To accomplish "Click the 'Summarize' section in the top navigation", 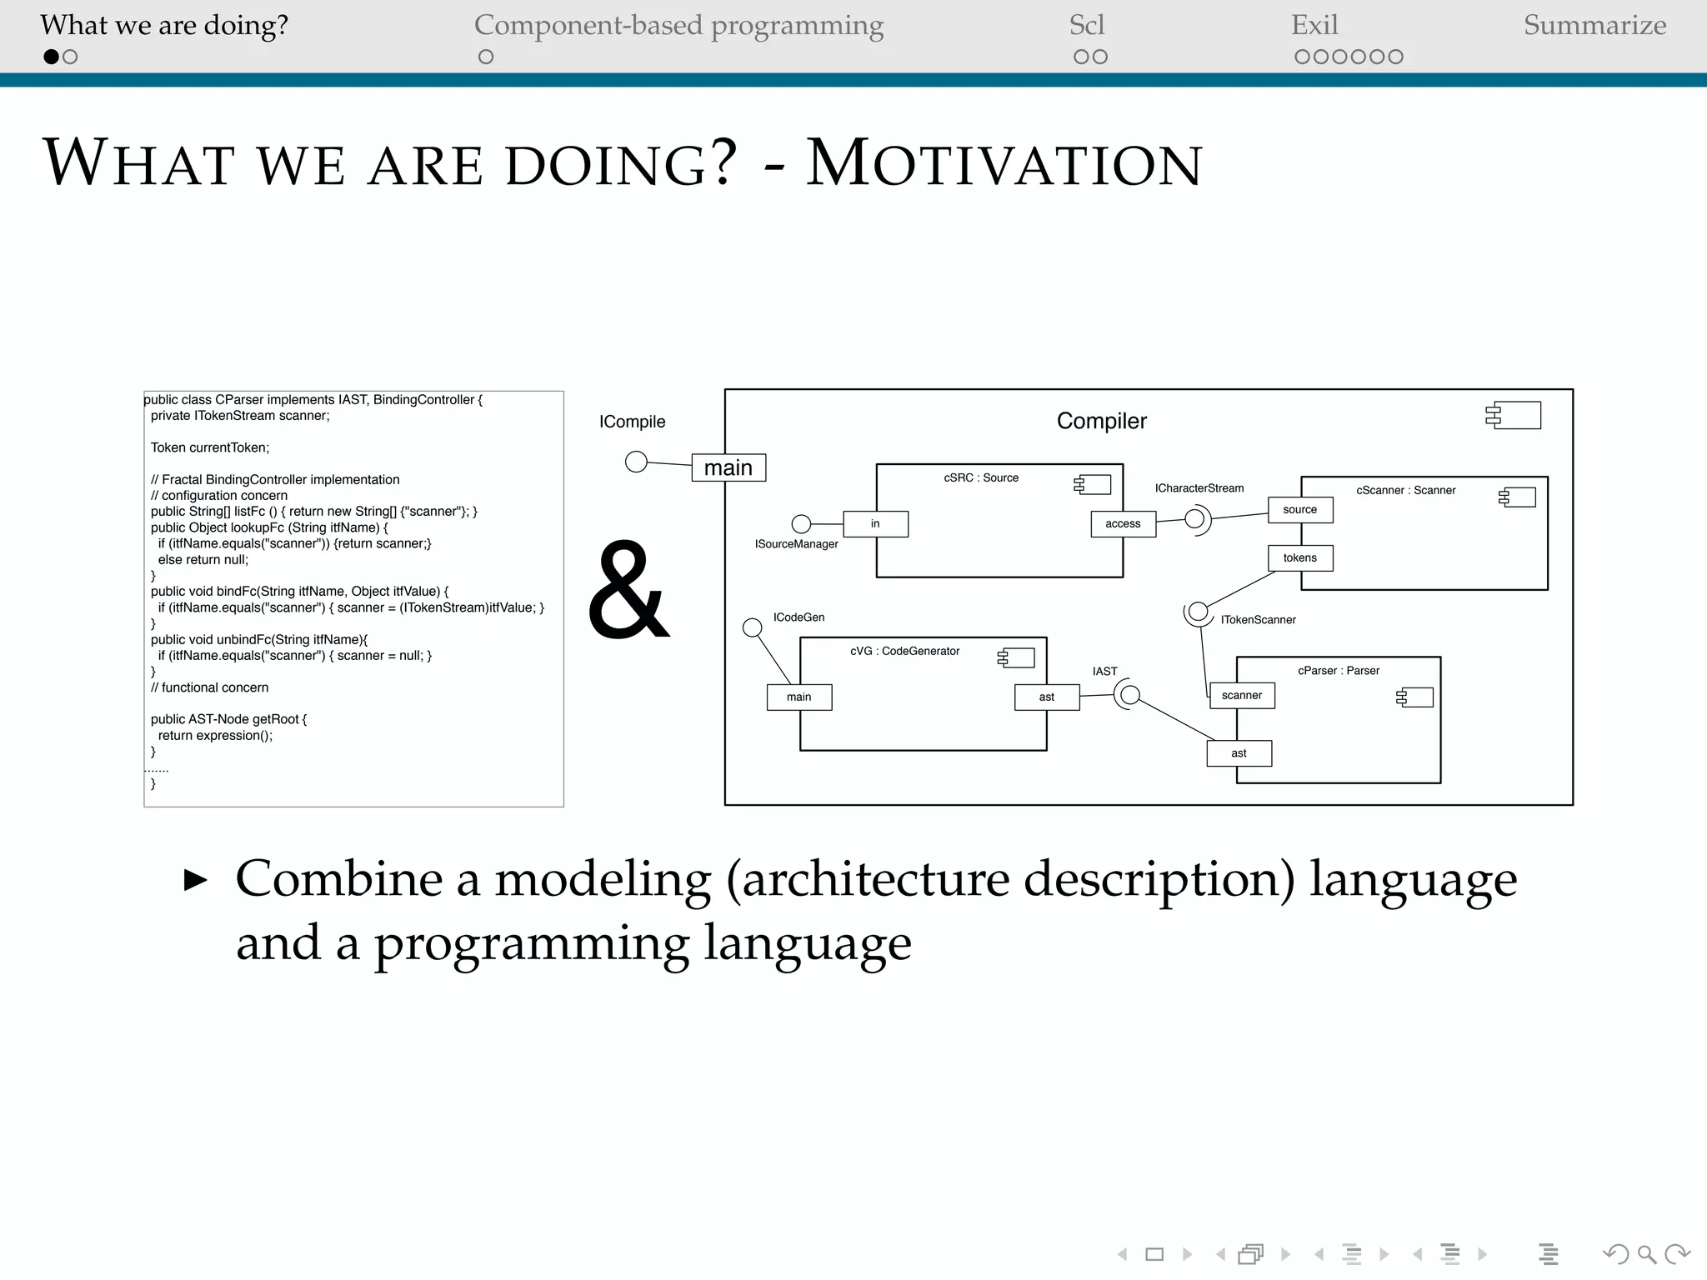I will pyautogui.click(x=1594, y=25).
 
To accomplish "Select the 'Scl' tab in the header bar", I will pyautogui.click(x=1087, y=25).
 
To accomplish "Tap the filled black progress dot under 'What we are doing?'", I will pyautogui.click(x=51, y=57).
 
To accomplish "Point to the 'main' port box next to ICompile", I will pyautogui.click(x=728, y=467).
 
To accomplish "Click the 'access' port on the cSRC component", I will pyautogui.click(x=1123, y=524).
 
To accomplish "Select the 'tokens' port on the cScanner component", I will pyautogui.click(x=1299, y=558).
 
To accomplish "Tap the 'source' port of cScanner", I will pyautogui.click(x=1299, y=510).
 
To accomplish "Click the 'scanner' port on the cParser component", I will pyautogui.click(x=1241, y=696).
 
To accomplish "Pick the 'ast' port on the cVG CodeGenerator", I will pyautogui.click(x=1046, y=697).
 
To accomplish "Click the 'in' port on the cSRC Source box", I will pyautogui.click(x=875, y=524).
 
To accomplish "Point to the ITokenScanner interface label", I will pyautogui.click(x=1258, y=620).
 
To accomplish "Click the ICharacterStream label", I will pyautogui.click(x=1199, y=488).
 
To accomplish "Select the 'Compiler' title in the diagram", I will pyautogui.click(x=1101, y=421).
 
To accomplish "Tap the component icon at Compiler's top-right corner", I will pyautogui.click(x=1513, y=415).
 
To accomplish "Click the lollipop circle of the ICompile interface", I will pyautogui.click(x=636, y=462).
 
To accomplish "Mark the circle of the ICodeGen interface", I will pyautogui.click(x=752, y=627).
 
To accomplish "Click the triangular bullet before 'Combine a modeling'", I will pyautogui.click(x=195, y=880).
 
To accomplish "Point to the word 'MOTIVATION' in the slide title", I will pyautogui.click(x=1004, y=163).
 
